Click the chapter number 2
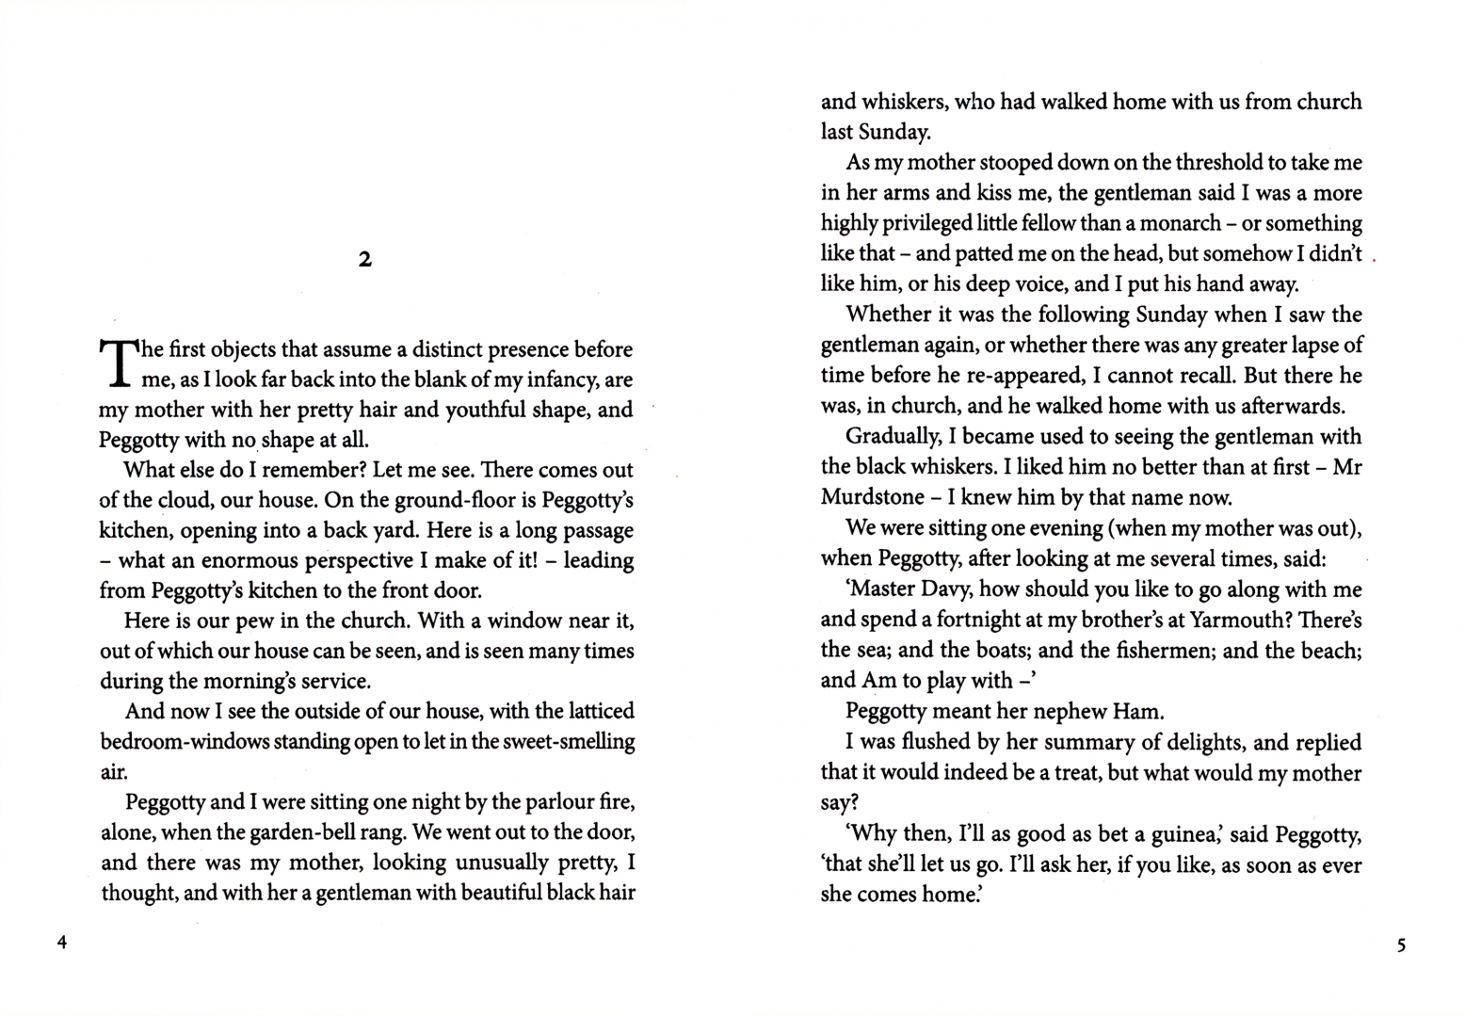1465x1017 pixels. click(365, 259)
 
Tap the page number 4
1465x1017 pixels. click(62, 943)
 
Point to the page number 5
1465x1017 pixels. click(1401, 944)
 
